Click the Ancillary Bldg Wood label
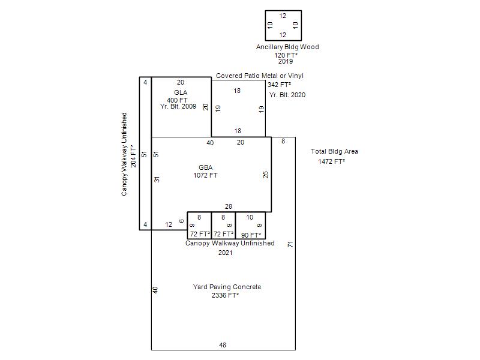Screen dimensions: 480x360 coord(287,47)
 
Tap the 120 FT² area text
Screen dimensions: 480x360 coord(286,55)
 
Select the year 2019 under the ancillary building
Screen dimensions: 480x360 coord(286,61)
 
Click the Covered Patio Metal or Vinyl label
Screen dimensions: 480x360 coord(260,76)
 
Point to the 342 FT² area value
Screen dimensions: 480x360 coord(279,85)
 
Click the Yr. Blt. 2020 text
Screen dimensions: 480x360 coord(287,95)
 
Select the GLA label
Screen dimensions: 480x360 coord(181,92)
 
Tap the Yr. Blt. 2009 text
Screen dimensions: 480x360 coord(178,106)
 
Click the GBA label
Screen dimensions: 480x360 coord(205,167)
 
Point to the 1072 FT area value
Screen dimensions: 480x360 coord(205,175)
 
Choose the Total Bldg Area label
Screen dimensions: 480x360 coord(334,151)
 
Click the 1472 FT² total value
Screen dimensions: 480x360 coord(332,161)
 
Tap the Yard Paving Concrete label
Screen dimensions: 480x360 coord(227,287)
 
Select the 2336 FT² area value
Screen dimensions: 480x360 coord(225,295)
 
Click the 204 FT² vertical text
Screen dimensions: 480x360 coord(133,156)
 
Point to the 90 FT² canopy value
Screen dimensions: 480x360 coord(251,235)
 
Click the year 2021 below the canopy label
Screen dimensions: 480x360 coord(226,253)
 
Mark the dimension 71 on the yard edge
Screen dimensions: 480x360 coord(290,244)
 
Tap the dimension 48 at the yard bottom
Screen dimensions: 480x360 coord(223,345)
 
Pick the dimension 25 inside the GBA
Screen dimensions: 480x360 coord(265,175)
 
